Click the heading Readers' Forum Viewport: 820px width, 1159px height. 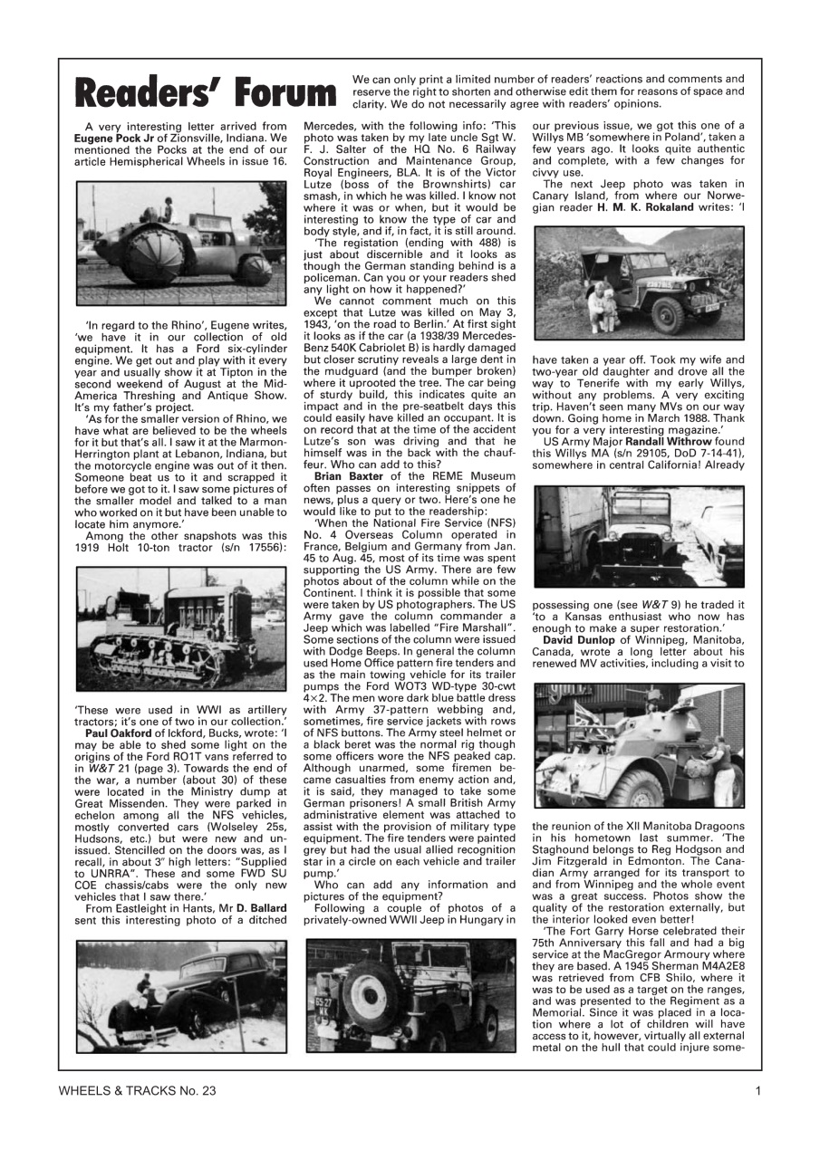click(206, 92)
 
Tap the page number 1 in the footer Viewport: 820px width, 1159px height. click(757, 1090)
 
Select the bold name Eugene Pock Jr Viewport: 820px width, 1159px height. click(117, 138)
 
